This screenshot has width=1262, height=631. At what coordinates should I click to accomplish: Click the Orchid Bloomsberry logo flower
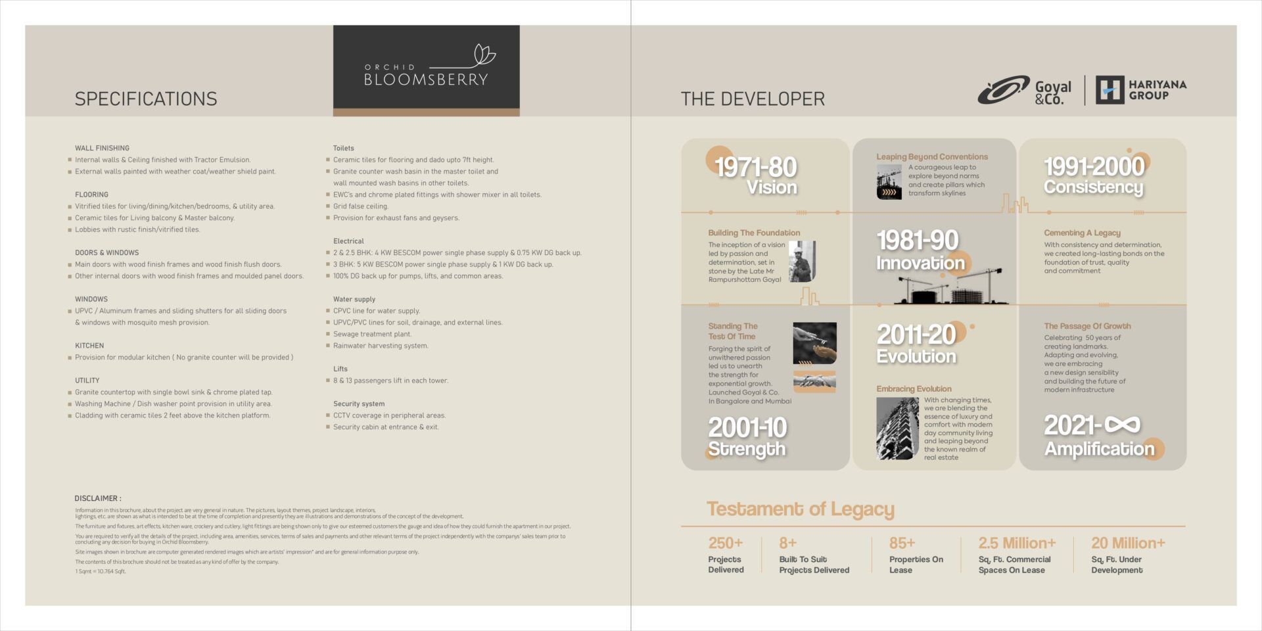point(484,55)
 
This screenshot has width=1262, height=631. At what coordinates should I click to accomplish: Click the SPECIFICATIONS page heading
point(146,99)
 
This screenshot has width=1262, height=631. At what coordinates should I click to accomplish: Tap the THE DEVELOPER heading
point(753,99)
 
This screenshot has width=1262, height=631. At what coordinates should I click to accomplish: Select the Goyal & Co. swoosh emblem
point(1003,90)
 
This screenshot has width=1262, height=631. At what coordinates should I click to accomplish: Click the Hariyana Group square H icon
point(1110,90)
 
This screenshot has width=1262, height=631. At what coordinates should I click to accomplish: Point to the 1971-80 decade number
point(755,167)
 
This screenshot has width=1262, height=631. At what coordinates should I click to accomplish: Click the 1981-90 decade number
point(918,240)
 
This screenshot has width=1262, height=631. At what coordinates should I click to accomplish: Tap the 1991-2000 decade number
point(1094,166)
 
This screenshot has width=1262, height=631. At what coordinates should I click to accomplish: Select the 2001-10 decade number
point(747,428)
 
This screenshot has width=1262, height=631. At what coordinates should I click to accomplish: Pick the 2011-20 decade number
point(916,335)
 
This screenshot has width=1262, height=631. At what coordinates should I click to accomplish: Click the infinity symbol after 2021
point(1122,425)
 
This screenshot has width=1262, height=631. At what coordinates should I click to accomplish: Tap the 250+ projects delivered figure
point(726,543)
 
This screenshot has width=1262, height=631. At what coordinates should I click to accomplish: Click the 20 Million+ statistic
point(1128,543)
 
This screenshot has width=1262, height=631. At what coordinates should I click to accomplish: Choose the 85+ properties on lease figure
point(902,543)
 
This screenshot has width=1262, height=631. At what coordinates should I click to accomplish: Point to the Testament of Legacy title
point(801,509)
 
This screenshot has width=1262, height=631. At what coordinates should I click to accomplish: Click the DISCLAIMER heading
point(98,498)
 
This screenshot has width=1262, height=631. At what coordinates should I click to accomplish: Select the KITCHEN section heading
point(89,345)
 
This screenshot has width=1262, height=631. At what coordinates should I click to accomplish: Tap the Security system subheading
point(359,404)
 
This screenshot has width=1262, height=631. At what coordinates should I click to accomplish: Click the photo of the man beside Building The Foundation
point(802,261)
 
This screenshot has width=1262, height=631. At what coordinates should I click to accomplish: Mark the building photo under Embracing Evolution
point(897,428)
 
